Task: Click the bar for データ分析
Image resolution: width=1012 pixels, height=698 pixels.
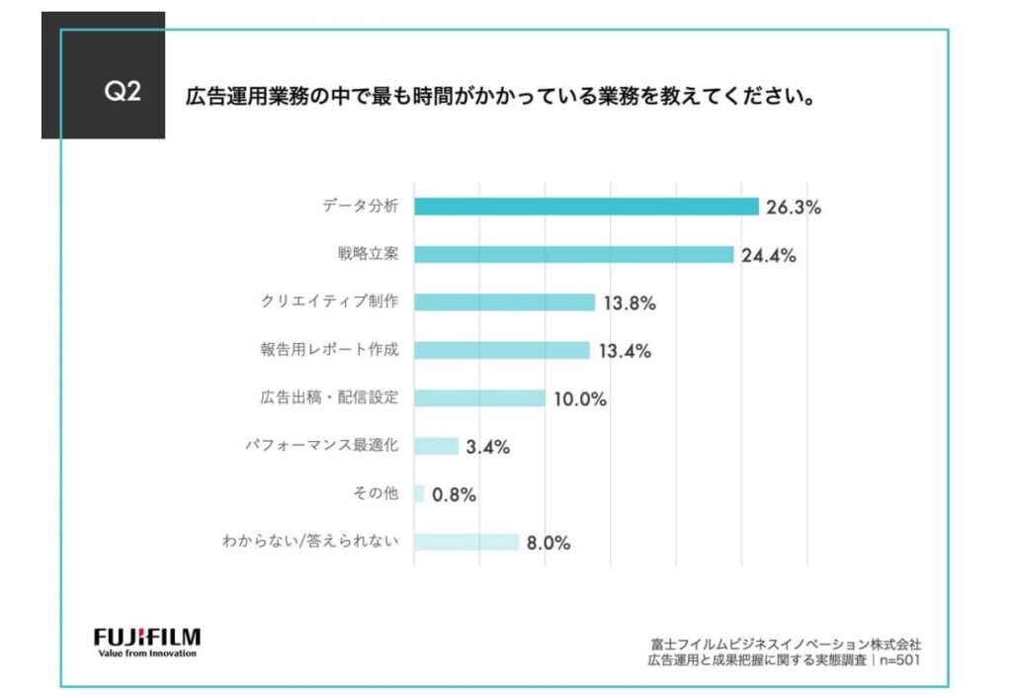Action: (x=586, y=207)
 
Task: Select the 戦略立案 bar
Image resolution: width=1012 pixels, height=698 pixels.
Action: (x=573, y=254)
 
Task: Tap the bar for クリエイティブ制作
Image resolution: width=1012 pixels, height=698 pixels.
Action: (x=504, y=303)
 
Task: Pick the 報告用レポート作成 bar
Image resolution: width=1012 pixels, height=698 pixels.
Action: (x=501, y=350)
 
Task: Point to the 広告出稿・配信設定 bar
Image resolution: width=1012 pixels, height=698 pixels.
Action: (x=479, y=397)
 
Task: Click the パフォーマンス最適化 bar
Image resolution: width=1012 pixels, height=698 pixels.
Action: (x=436, y=446)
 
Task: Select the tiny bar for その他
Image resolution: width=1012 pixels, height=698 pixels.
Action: (x=419, y=493)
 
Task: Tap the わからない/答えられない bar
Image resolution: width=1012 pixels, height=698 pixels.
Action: (x=465, y=542)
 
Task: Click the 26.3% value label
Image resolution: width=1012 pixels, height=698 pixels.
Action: (x=793, y=208)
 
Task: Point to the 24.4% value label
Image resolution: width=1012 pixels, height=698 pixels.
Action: (x=767, y=255)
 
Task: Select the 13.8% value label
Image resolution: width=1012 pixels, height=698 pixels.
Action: (x=629, y=304)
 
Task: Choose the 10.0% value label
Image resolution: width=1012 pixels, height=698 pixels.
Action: (x=578, y=398)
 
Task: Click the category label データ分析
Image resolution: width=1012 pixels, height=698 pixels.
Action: (x=360, y=207)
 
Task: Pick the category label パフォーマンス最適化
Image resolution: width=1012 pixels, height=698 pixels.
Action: (x=321, y=446)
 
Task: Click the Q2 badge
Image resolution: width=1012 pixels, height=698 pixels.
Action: (x=123, y=92)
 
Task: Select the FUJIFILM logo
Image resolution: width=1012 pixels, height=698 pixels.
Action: (x=147, y=635)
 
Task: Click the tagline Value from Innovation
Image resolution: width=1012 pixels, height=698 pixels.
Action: (x=147, y=653)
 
